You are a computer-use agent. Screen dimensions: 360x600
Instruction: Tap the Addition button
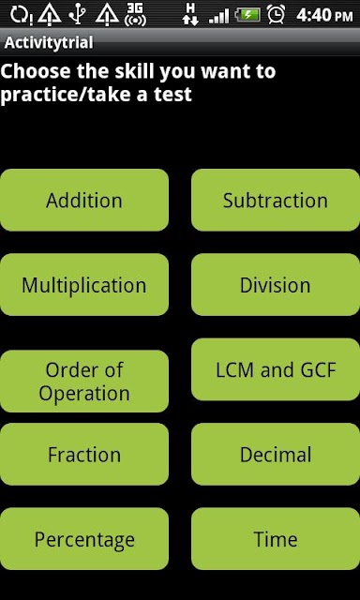point(84,200)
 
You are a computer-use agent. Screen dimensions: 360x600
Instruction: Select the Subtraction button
point(276,200)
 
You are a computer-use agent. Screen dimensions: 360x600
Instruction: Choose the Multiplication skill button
point(84,285)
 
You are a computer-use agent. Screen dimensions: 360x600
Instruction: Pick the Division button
point(276,285)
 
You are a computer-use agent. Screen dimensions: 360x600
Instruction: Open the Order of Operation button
point(84,382)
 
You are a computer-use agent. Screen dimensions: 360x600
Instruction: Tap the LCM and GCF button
point(276,369)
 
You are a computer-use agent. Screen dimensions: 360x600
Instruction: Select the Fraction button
point(84,454)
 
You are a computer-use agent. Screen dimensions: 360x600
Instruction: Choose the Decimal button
point(276,454)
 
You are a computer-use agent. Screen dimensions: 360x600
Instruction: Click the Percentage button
point(84,539)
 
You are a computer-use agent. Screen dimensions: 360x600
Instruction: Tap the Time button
point(276,539)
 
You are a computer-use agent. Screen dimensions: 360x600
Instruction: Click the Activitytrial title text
point(49,42)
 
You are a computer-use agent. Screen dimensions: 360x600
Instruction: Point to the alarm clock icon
point(276,15)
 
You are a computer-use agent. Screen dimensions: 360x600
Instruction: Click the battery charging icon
point(247,15)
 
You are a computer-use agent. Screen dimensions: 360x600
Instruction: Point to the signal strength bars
point(218,16)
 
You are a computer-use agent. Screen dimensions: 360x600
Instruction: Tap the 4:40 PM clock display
point(324,15)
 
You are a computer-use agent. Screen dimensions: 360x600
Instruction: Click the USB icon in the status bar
point(78,15)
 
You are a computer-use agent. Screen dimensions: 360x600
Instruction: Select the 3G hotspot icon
point(135,15)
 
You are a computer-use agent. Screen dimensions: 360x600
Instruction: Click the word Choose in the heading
point(37,71)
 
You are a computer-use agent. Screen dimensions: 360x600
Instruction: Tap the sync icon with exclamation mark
point(22,15)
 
